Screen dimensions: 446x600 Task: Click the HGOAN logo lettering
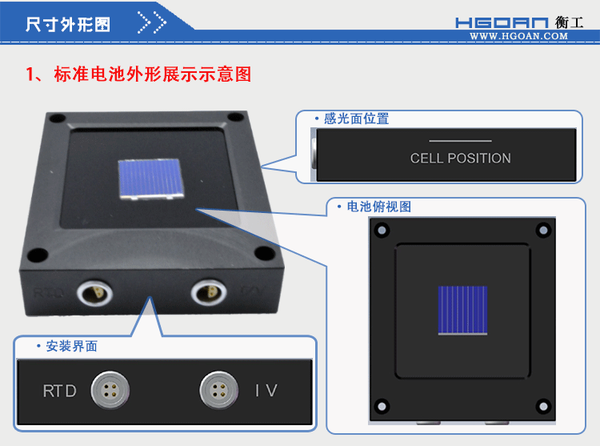(502, 23)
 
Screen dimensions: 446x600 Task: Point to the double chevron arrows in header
(152, 23)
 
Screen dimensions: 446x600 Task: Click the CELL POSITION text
(460, 159)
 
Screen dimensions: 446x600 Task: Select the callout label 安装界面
(72, 347)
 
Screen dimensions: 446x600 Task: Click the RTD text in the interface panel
(60, 392)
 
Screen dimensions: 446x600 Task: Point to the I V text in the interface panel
(266, 391)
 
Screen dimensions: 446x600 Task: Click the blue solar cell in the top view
(462, 309)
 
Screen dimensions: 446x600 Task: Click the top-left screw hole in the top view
(382, 231)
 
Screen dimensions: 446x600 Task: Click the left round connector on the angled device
(90, 291)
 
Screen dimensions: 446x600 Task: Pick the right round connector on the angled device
(204, 291)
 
